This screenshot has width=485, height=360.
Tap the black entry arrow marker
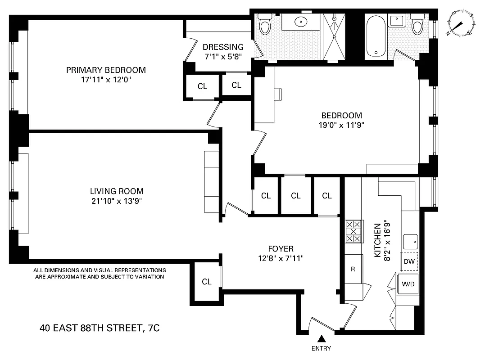[321, 338]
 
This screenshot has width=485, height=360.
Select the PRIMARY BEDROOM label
[106, 70]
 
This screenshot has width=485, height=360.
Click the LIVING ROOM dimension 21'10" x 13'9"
[117, 201]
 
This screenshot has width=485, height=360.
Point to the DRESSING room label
[223, 47]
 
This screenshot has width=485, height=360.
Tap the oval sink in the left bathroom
[300, 21]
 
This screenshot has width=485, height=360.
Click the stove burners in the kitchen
[353, 231]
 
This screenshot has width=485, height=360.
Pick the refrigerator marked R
[353, 269]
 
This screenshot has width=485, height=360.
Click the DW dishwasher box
[409, 261]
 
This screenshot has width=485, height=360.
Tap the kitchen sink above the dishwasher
[410, 242]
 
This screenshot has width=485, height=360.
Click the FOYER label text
[281, 249]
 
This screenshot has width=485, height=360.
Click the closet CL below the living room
[207, 282]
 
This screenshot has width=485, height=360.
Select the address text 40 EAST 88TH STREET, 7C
[100, 328]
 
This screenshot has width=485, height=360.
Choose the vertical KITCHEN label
[378, 240]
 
